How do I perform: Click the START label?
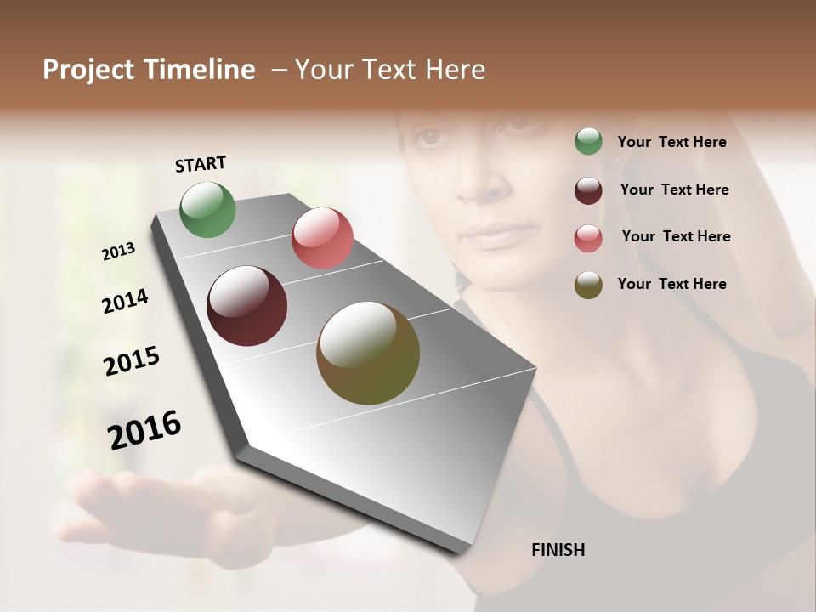click(x=201, y=164)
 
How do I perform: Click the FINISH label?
click(x=558, y=550)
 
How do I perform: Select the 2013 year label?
click(x=118, y=252)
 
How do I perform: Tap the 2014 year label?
click(x=125, y=302)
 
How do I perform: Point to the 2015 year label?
click(x=132, y=361)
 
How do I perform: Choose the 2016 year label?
click(x=144, y=430)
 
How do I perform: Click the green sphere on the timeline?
click(x=207, y=209)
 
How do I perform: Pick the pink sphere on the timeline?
click(x=322, y=237)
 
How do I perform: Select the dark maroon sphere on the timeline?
click(x=246, y=306)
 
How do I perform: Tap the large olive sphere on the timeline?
click(x=368, y=353)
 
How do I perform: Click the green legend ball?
click(x=588, y=142)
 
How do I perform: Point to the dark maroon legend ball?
click(x=588, y=190)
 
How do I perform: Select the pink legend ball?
click(x=588, y=238)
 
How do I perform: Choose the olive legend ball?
click(x=588, y=286)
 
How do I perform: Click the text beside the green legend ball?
click(x=671, y=142)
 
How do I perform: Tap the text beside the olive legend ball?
click(x=671, y=284)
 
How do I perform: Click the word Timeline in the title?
click(x=200, y=70)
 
